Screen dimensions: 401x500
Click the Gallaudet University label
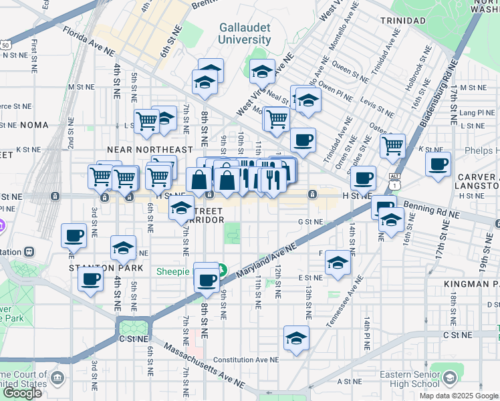pyautogui.click(x=245, y=33)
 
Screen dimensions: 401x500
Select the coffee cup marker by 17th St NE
pyautogui.click(x=438, y=164)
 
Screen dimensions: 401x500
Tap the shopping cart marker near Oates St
pyautogui.click(x=392, y=145)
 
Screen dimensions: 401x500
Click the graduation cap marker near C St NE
pyautogui.click(x=296, y=338)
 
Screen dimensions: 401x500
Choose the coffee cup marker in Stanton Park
pyautogui.click(x=90, y=279)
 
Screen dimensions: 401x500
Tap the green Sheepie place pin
pyautogui.click(x=222, y=271)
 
